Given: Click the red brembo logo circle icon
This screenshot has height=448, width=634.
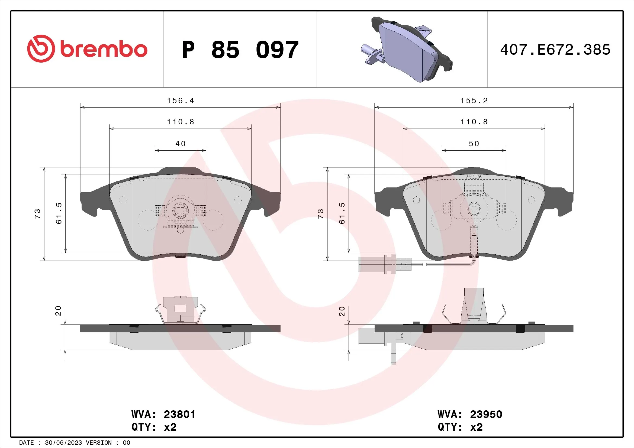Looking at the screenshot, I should [x=41, y=48].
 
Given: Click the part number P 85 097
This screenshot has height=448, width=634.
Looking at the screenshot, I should [x=240, y=50].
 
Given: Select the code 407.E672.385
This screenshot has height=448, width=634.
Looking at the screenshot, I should [x=555, y=50].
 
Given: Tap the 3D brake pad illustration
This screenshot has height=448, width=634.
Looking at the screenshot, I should [x=409, y=50].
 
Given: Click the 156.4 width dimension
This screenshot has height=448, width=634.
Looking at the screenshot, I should [x=180, y=101].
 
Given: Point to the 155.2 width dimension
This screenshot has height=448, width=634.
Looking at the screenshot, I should [x=474, y=101].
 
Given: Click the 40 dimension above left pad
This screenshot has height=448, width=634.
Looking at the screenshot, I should [x=180, y=144].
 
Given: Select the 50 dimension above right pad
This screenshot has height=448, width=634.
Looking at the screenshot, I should [x=474, y=144].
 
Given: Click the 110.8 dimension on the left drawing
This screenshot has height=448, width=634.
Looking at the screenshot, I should [x=180, y=122].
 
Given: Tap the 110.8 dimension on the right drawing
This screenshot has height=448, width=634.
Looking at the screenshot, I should [x=474, y=122].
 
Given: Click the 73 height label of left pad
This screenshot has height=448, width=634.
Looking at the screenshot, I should [x=37, y=214].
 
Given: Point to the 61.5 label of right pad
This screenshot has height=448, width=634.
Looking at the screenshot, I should [x=342, y=213].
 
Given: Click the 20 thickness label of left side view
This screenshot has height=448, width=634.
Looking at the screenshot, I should [x=58, y=311].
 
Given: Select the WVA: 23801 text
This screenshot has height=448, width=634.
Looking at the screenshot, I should [x=163, y=414].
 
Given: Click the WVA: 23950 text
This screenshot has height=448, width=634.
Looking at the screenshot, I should [x=470, y=414].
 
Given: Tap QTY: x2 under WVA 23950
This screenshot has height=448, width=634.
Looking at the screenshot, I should [x=460, y=427].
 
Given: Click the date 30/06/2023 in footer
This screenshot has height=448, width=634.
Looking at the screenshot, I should [x=63, y=443].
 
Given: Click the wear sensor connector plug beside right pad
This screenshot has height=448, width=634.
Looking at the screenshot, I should [x=377, y=264].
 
